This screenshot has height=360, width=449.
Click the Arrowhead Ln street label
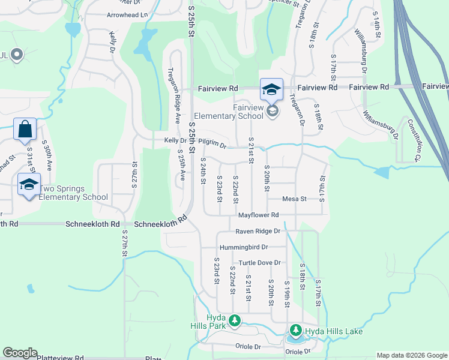point(127,15)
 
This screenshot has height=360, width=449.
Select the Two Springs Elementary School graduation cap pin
point(28,184)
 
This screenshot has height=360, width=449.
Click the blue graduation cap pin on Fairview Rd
point(271,90)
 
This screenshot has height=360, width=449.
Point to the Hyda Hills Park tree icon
point(235,322)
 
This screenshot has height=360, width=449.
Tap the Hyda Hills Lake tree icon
point(295,331)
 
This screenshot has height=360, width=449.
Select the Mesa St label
point(295,199)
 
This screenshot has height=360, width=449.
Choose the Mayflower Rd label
point(259,215)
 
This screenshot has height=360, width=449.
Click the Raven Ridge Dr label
point(258,231)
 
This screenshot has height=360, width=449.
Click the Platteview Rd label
point(60,358)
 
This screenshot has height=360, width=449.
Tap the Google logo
point(20,353)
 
